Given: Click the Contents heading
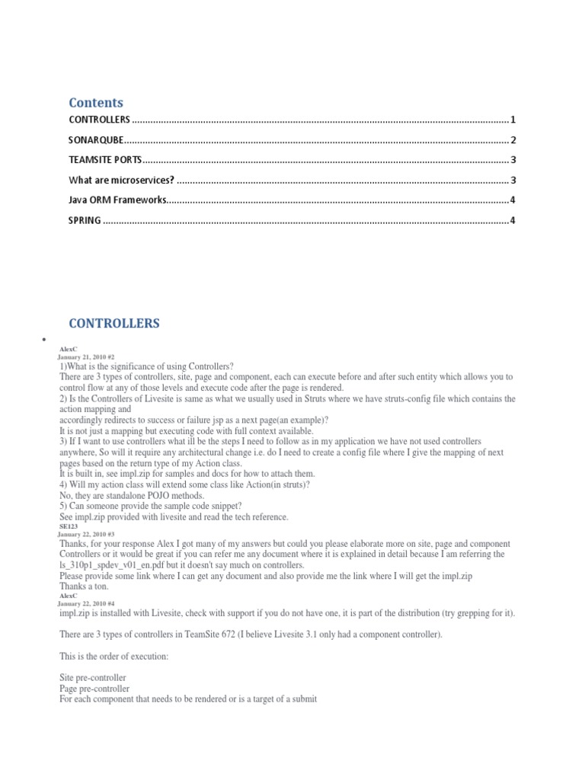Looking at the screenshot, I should pos(96,103).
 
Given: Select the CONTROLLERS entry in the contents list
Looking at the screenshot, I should pos(100,120).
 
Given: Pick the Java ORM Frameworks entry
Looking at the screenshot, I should pos(117,200).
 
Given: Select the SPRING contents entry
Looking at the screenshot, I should pos(85,220).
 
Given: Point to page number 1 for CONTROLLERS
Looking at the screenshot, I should pos(513,120).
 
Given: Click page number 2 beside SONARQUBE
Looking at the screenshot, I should pos(513,140).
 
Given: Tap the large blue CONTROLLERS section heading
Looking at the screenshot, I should pos(114,324).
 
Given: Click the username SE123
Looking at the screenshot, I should pos(69,526).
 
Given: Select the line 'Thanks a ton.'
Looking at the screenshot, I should pos(85,587).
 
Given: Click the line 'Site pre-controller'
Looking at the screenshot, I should pos(93,677).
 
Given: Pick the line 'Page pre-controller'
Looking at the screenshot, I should pos(94,689).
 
